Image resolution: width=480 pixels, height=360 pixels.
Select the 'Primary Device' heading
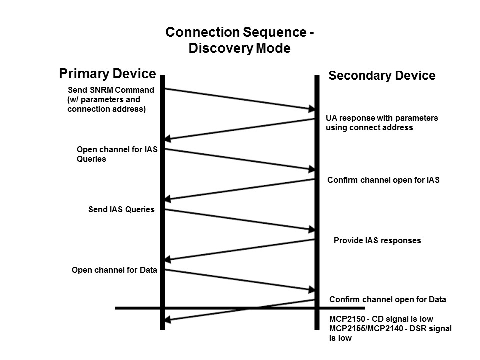pyautogui.click(x=107, y=74)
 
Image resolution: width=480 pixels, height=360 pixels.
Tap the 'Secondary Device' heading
pyautogui.click(x=382, y=76)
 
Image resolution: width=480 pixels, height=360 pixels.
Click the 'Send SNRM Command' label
pyautogui.click(x=111, y=90)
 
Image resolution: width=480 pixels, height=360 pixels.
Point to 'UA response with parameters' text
pyautogui.click(x=382, y=118)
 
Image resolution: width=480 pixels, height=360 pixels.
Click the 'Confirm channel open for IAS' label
pyautogui.click(x=383, y=180)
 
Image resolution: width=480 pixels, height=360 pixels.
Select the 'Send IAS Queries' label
pyautogui.click(x=121, y=210)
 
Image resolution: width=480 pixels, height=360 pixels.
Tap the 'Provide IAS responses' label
pyautogui.click(x=377, y=241)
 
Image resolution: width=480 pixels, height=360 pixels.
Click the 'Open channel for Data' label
pyautogui.click(x=114, y=270)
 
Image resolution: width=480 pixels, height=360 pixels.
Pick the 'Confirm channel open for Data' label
pyautogui.click(x=387, y=300)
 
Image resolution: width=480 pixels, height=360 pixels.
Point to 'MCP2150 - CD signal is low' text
pyautogui.click(x=381, y=319)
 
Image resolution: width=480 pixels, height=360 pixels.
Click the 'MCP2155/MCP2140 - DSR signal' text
pyautogui.click(x=390, y=328)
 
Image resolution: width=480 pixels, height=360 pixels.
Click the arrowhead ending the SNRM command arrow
pyautogui.click(x=311, y=108)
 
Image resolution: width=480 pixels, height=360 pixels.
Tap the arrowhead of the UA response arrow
pyautogui.click(x=169, y=139)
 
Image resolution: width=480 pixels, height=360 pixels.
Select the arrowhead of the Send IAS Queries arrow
pyautogui.click(x=311, y=229)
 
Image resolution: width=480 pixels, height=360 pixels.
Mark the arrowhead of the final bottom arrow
pyautogui.click(x=169, y=319)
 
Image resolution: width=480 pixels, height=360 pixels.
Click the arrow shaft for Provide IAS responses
pyautogui.click(x=240, y=250)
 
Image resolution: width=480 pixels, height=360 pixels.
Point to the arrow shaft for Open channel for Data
pyautogui.click(x=240, y=280)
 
